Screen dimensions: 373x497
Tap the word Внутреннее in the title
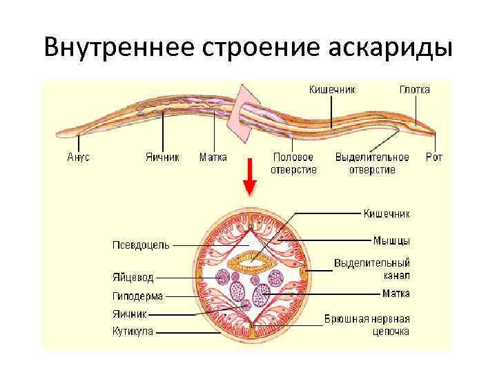(117, 48)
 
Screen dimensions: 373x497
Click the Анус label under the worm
(78, 157)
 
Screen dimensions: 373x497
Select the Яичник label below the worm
(162, 157)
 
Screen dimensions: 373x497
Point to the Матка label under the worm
(213, 157)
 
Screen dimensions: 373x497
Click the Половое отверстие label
(293, 163)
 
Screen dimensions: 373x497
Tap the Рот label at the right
(433, 157)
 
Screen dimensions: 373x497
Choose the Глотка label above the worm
(414, 90)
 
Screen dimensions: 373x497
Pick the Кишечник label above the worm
(332, 90)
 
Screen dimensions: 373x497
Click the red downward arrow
(250, 179)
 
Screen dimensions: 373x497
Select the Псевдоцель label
(141, 245)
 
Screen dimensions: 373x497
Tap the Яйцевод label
(133, 278)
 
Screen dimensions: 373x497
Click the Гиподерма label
(137, 296)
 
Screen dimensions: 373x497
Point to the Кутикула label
(133, 331)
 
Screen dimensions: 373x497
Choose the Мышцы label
(391, 240)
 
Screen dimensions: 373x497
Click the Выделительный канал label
(372, 269)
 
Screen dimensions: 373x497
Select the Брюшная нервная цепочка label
(367, 325)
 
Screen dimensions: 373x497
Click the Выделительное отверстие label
(372, 163)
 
